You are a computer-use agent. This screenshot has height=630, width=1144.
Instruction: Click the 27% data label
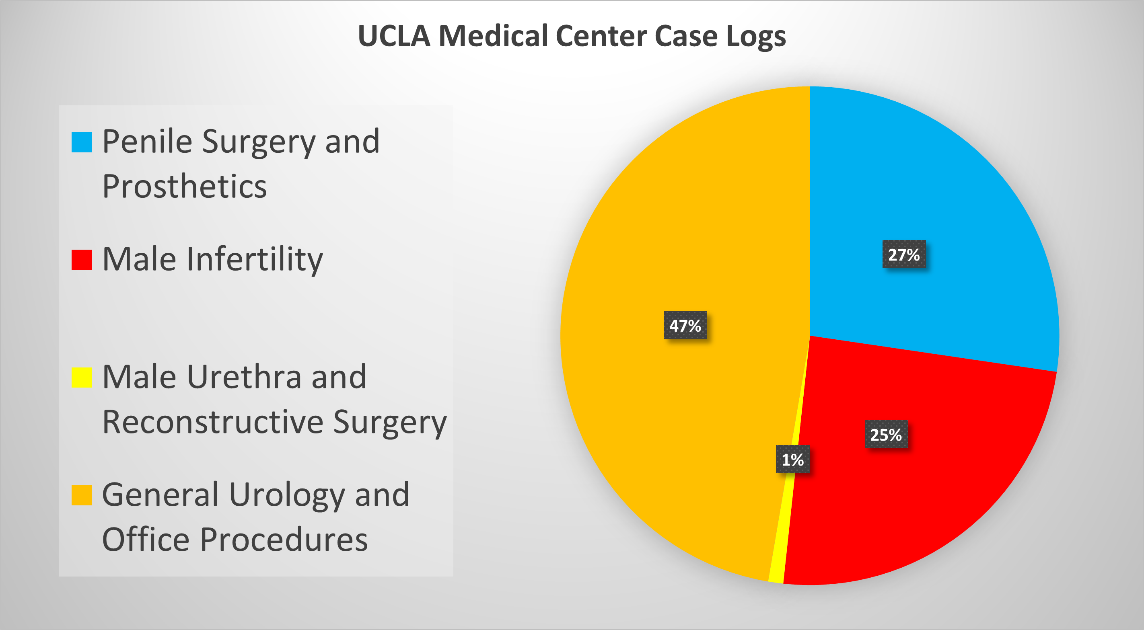[904, 254]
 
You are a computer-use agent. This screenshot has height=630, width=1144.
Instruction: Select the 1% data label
[792, 459]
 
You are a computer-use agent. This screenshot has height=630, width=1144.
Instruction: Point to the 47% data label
[685, 325]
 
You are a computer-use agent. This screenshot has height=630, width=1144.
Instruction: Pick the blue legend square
[82, 142]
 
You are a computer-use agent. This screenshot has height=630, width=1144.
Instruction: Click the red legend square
[82, 259]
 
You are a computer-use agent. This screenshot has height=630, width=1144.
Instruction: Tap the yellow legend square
[82, 378]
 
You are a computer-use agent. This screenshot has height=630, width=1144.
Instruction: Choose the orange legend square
[82, 495]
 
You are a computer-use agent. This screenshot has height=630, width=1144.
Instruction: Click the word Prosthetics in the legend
[184, 187]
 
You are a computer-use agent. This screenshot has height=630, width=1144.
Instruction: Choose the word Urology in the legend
[287, 495]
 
